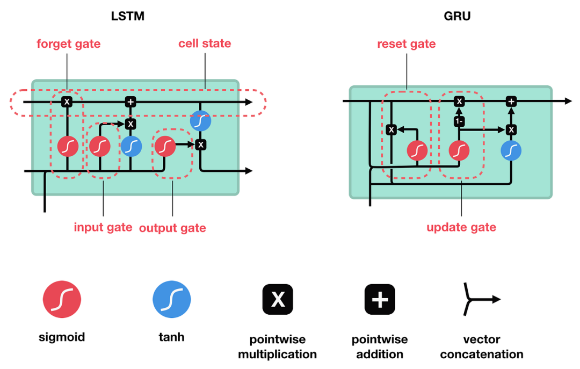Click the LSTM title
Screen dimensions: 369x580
tap(127, 16)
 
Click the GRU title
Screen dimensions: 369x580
tap(457, 16)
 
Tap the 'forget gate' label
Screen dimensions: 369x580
tap(68, 44)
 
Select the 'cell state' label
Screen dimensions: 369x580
tap(205, 44)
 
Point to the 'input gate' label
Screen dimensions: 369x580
tap(103, 227)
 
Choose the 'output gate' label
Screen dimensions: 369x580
tap(172, 228)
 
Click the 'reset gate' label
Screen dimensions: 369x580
tap(407, 44)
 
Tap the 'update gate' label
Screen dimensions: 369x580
tap(461, 228)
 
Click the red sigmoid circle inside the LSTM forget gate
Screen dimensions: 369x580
tap(68, 146)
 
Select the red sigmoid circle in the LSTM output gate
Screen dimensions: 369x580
tap(165, 146)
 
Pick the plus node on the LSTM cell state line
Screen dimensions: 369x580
tap(130, 102)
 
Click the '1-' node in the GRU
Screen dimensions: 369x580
tap(459, 122)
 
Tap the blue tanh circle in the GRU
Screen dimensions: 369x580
tap(511, 151)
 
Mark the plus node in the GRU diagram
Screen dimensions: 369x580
tap(511, 102)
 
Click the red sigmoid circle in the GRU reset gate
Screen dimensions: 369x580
tap(417, 151)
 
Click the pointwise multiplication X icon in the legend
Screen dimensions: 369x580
tap(278, 299)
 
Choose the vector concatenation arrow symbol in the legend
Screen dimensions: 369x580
tap(481, 299)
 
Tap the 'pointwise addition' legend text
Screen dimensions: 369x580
tap(380, 347)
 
